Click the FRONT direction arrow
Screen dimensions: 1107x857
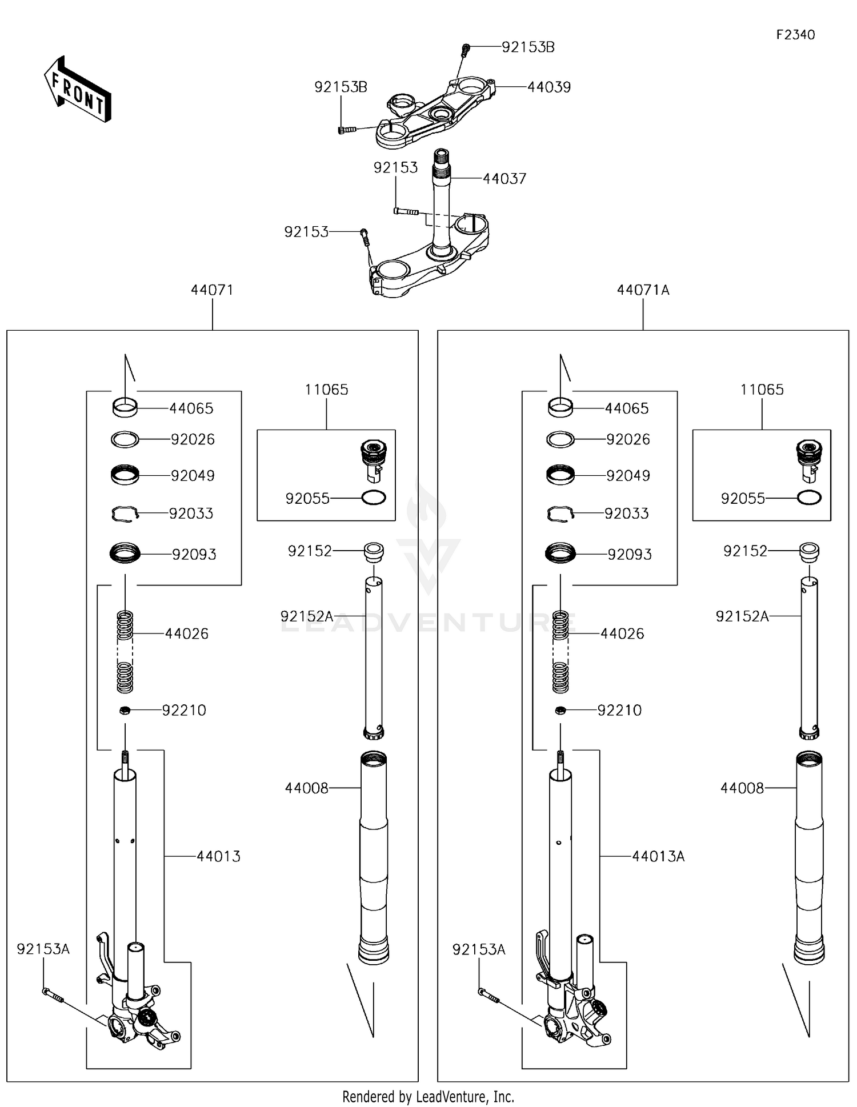click(x=78, y=90)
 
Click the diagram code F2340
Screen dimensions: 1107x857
click(x=795, y=35)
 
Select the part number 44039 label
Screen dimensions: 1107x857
click(x=548, y=87)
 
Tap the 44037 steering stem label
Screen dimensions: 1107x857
click(x=504, y=179)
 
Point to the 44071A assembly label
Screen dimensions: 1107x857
click(x=643, y=290)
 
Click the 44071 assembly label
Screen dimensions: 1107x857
click(x=212, y=290)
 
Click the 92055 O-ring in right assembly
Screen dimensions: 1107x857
click(x=809, y=498)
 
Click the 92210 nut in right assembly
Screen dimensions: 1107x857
click(x=560, y=710)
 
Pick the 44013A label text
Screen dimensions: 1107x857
click(x=658, y=856)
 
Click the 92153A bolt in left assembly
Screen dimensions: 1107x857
click(x=52, y=994)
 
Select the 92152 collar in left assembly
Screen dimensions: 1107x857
click(x=374, y=551)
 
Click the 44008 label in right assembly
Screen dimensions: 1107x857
click(x=742, y=788)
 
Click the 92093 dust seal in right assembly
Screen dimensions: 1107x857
click(x=560, y=553)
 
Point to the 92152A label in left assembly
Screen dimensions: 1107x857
click(x=306, y=616)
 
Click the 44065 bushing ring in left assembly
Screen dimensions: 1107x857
click(x=125, y=407)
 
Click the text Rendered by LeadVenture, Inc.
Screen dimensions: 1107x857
click(x=428, y=1096)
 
